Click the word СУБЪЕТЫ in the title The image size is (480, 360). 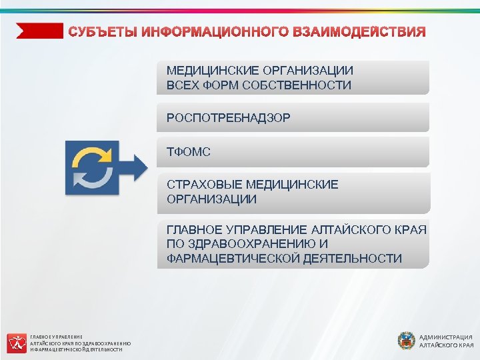[103, 31]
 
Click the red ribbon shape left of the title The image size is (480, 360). [39, 31]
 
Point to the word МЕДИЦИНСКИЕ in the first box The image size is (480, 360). [209, 71]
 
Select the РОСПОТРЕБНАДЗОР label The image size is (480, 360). [228, 117]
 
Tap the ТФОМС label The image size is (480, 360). [189, 153]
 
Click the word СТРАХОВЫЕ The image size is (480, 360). [203, 185]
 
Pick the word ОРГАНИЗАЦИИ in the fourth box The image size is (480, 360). [211, 199]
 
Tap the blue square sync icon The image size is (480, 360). [92, 167]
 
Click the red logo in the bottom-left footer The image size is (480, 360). [17, 343]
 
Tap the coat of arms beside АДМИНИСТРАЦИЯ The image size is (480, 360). [406, 341]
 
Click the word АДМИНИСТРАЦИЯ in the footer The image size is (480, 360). [446, 337]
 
